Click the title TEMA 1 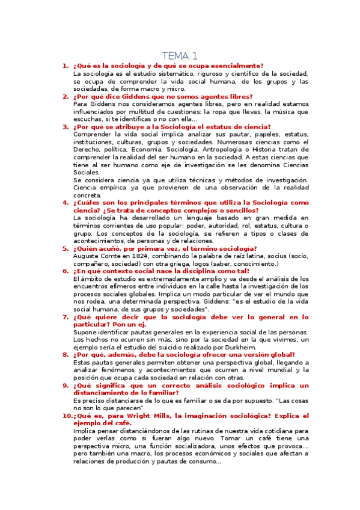click(180, 55)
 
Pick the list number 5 click(66, 248)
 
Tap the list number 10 click(67, 416)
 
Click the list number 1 click(66, 66)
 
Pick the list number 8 click(66, 355)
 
